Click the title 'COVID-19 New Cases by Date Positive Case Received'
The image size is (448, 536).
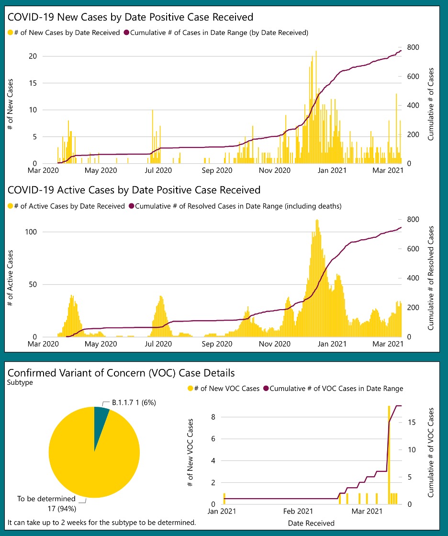130,17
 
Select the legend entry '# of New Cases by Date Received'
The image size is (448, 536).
64,33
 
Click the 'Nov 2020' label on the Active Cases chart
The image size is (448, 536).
275,344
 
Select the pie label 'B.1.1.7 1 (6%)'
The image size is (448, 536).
134,403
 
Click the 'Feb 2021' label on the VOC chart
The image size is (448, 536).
299,512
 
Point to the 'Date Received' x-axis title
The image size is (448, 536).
311,523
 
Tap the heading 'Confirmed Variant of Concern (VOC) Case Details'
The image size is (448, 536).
121,372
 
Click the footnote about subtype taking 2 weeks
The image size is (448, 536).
102,522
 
